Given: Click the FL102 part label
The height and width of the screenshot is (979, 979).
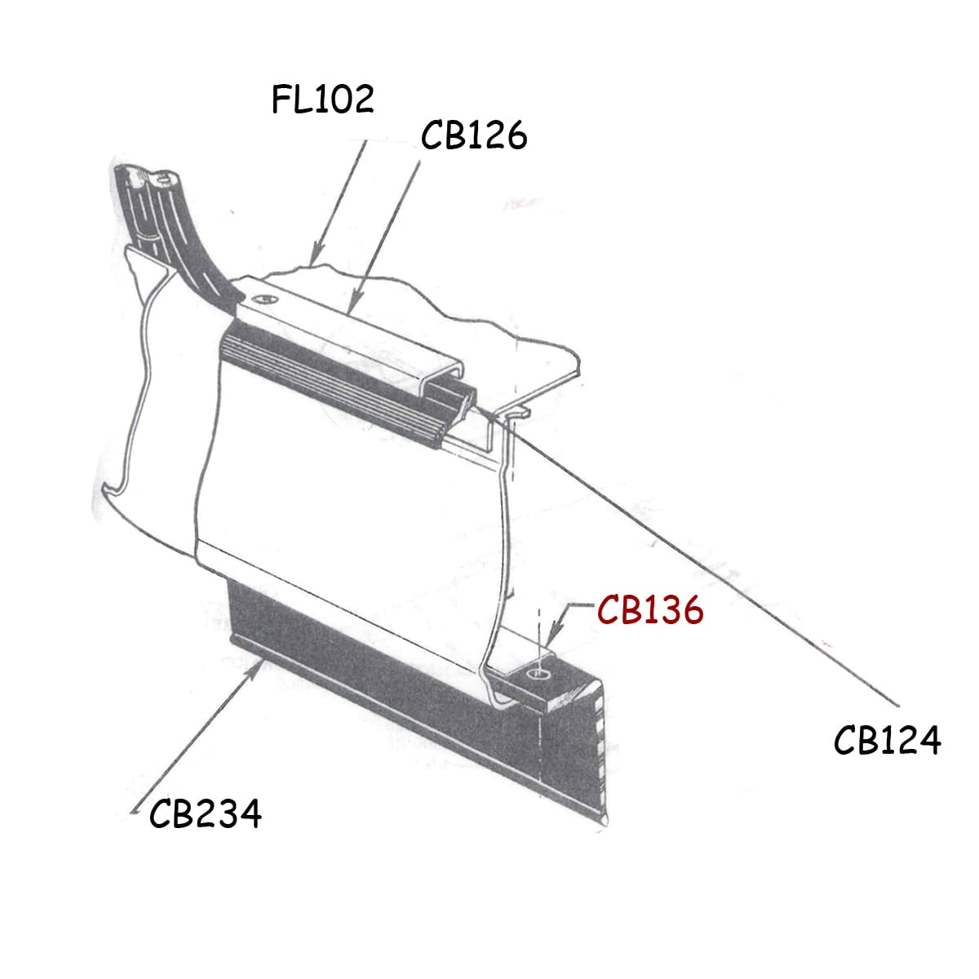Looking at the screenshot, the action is (323, 99).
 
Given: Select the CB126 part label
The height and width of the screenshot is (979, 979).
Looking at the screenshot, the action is (474, 135).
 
